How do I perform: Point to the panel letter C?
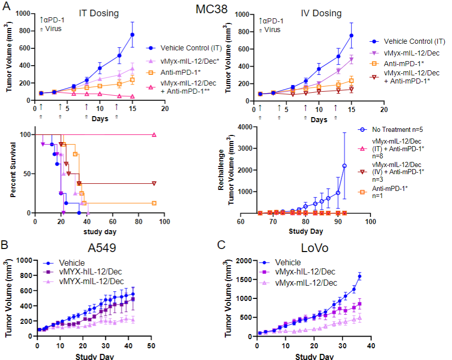click(x=222, y=244)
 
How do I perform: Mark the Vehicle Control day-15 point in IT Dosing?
click(x=132, y=35)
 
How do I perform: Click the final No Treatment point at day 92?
click(x=345, y=165)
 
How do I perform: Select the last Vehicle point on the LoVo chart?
click(x=359, y=276)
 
